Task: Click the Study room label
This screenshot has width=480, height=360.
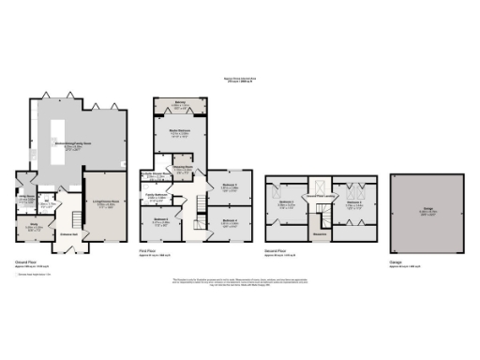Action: coord(33,226)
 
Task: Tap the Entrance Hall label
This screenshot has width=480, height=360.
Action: coord(67,233)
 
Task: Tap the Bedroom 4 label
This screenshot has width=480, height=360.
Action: coord(230,223)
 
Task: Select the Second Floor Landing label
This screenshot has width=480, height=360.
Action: coord(320,195)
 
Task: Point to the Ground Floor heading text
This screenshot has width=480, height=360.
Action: coord(27,262)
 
